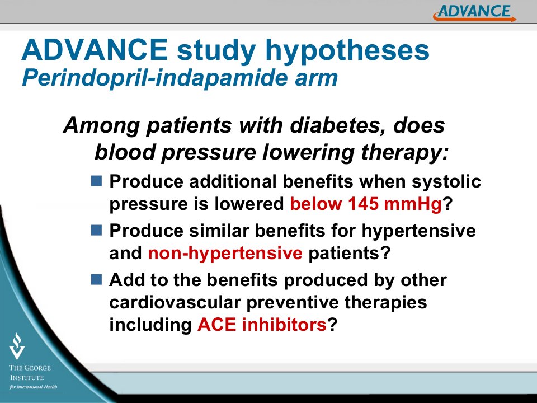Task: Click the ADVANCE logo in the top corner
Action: pyautogui.click(x=475, y=13)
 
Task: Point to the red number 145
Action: pyautogui.click(x=364, y=204)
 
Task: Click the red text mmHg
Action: pyautogui.click(x=413, y=204)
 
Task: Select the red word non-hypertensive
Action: pyautogui.click(x=225, y=254)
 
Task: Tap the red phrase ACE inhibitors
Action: pyautogui.click(x=262, y=324)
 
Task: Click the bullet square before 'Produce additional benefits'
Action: pyautogui.click(x=97, y=181)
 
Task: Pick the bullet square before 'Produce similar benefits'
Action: pyautogui.click(x=97, y=230)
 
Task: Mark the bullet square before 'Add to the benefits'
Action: pyautogui.click(x=97, y=279)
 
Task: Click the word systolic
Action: pyautogui.click(x=446, y=182)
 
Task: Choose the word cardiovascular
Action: pyautogui.click(x=175, y=302)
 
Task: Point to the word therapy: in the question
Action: pyautogui.click(x=404, y=153)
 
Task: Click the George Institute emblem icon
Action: pyautogui.click(x=17, y=346)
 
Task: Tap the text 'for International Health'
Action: pyautogui.click(x=33, y=387)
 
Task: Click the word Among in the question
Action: pyautogui.click(x=101, y=126)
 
